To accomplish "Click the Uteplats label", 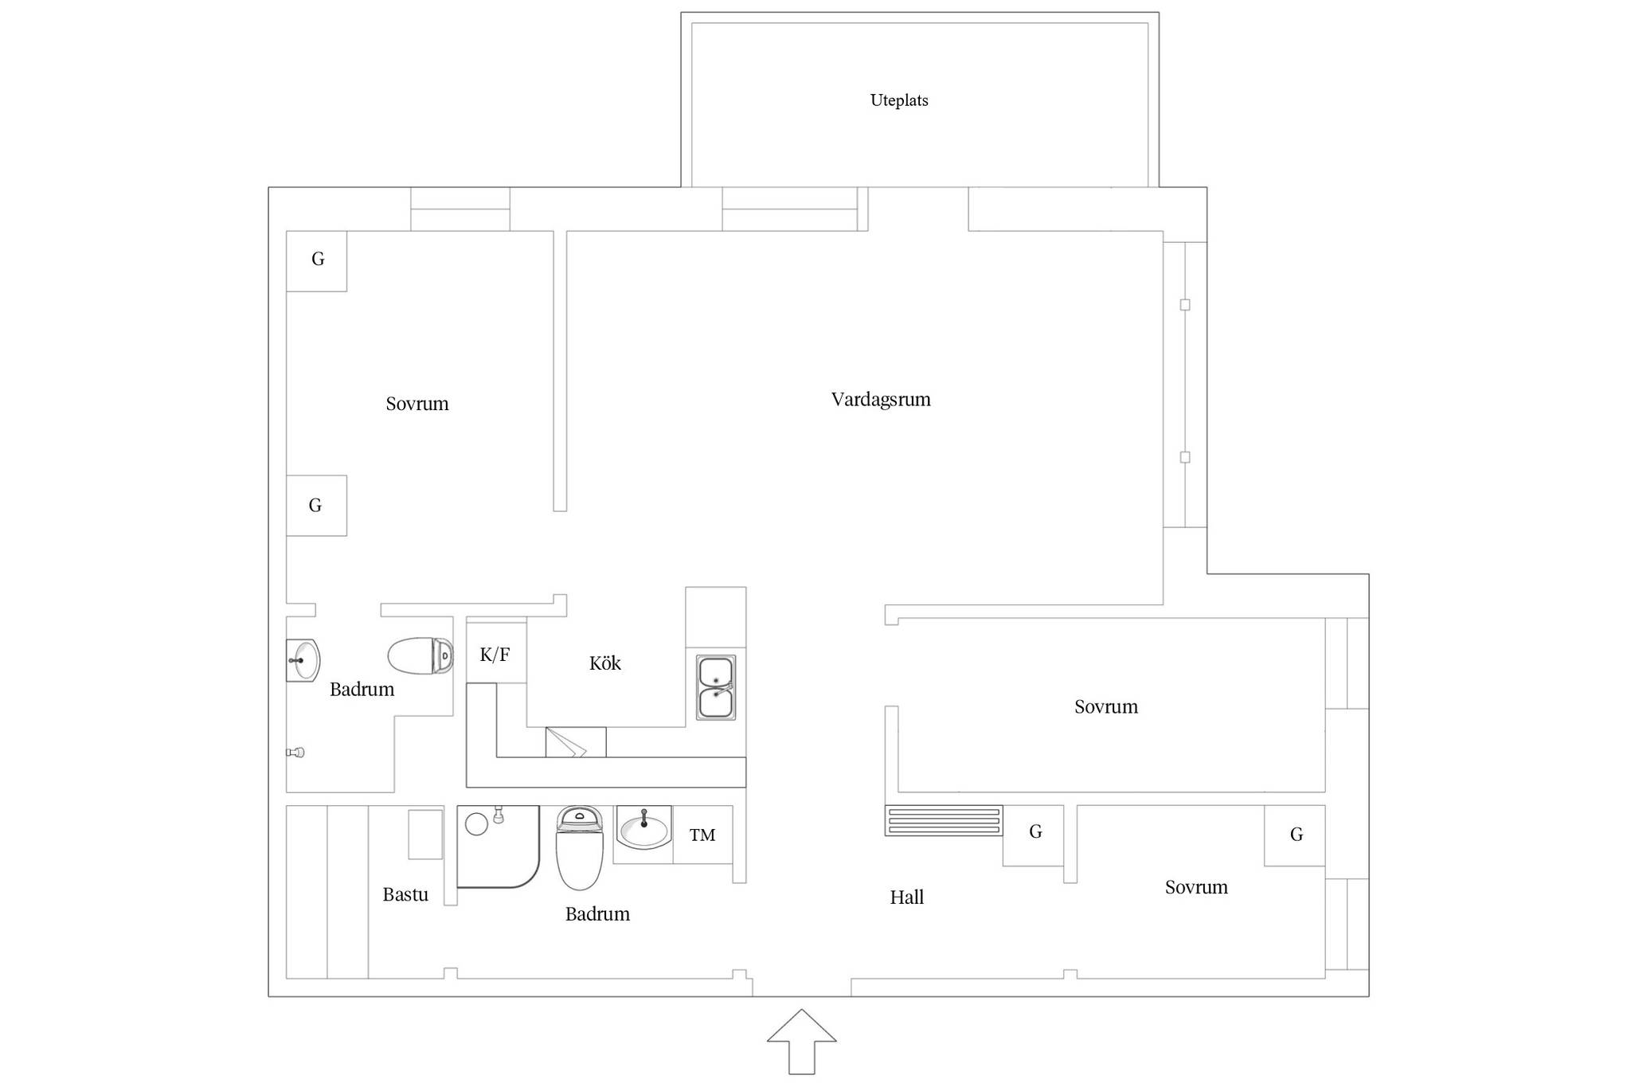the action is (899, 100).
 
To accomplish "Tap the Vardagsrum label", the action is (881, 399).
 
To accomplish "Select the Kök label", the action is (604, 663).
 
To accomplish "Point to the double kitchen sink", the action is (716, 687).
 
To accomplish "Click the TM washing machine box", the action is (702, 835).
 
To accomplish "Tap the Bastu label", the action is (405, 894).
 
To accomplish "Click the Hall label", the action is (906, 897).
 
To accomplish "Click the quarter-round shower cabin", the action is (499, 846).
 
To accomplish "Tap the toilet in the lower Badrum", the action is (580, 847).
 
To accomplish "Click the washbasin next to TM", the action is (643, 828).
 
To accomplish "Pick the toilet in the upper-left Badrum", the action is (420, 655).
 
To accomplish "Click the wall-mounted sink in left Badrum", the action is (303, 660).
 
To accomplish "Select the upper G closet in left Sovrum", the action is (316, 260).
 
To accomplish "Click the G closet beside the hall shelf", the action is (1033, 835).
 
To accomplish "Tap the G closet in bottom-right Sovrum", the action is (1295, 835).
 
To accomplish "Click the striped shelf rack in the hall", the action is (944, 820).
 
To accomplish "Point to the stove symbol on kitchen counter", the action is (576, 742).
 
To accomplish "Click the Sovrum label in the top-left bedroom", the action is (417, 404).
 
